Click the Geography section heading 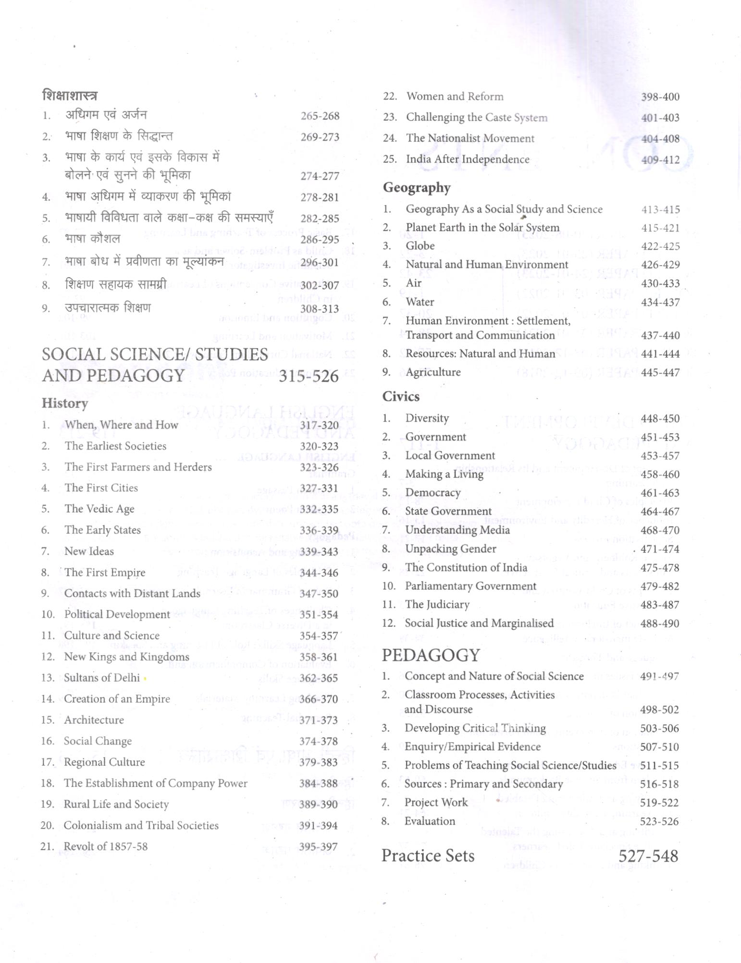(416, 187)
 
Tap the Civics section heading (400, 396)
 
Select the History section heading (64, 403)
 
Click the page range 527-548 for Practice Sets (648, 855)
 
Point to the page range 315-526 (309, 376)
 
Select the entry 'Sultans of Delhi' (102, 678)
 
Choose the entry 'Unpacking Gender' (450, 549)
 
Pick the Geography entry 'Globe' (420, 246)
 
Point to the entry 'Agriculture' (432, 372)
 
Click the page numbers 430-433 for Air (660, 283)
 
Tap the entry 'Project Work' (436, 802)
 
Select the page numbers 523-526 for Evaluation (659, 821)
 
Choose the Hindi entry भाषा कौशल (92, 239)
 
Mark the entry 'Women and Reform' (455, 97)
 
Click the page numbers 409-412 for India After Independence (660, 159)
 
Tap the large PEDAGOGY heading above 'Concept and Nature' (431, 655)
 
